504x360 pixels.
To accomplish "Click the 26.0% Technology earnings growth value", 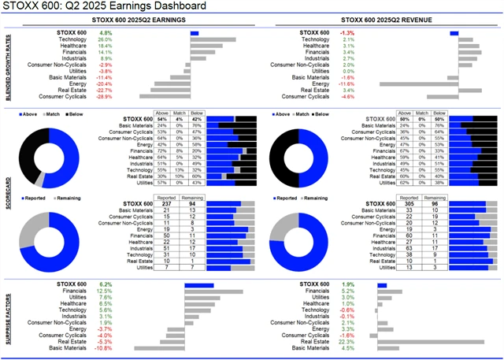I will (106, 39).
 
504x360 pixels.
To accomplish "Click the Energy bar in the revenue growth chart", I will (418, 84).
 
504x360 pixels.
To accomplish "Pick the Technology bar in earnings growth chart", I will (212, 39).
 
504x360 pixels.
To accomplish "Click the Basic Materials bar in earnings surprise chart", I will (161, 348).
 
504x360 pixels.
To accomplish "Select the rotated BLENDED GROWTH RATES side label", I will (6, 65).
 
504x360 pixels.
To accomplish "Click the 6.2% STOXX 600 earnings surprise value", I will (106, 284).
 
